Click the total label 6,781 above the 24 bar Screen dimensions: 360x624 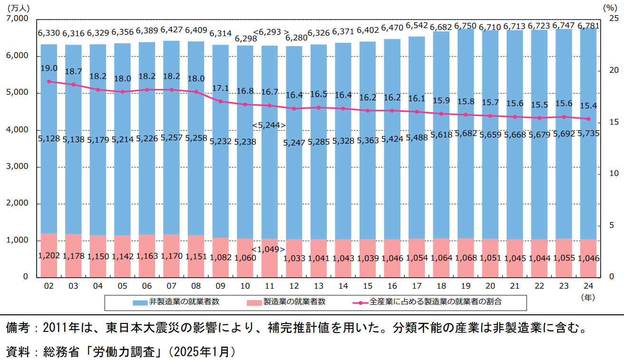click(588, 25)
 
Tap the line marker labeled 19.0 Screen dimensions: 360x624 click(49, 81)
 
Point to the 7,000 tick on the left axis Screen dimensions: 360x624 click(18, 19)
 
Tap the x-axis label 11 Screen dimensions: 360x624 click(269, 286)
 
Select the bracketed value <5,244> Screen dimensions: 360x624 click(269, 125)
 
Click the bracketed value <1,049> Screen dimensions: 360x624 click(269, 249)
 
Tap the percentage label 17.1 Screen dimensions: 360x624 click(220, 88)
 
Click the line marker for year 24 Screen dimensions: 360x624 click(588, 119)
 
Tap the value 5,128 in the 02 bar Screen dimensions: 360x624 click(49, 138)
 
